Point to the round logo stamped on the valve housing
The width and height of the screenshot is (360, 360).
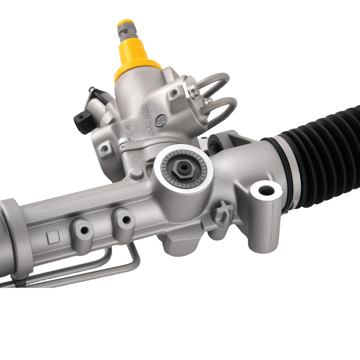[x=159, y=121]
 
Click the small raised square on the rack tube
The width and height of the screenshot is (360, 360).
[x=53, y=237]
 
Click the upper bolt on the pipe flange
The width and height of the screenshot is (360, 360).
[x=195, y=90]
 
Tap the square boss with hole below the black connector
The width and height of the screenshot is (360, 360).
[x=105, y=148]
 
